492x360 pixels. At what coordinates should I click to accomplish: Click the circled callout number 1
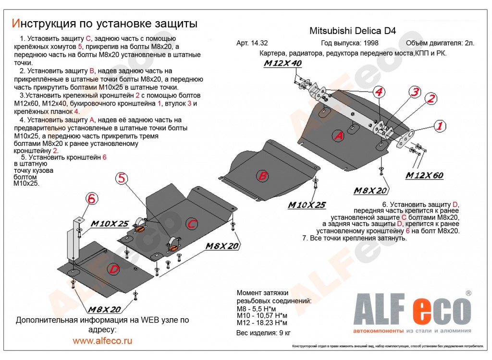439,126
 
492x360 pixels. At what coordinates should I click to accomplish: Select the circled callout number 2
431,99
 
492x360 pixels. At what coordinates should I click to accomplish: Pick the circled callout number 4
379,92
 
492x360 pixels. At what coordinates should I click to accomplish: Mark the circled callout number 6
91,198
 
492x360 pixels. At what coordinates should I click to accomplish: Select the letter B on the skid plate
262,176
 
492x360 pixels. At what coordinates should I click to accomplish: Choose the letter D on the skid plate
114,270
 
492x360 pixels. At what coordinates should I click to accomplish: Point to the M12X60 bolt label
423,176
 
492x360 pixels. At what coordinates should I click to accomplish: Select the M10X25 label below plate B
306,205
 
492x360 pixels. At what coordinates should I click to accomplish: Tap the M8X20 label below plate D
103,309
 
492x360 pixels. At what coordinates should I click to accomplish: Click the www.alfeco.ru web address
102,341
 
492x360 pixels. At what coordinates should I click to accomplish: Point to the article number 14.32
258,43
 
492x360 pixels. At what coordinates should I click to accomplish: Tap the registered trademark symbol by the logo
468,293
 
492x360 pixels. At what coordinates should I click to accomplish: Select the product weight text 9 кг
284,332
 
